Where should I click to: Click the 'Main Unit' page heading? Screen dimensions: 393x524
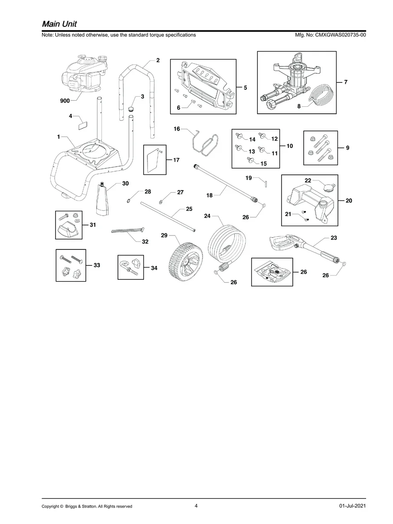[x=59, y=24]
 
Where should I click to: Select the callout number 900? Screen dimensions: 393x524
[x=65, y=101]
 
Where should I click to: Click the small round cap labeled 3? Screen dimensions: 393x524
[x=131, y=109]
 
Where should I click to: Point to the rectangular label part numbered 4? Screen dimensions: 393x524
[x=83, y=125]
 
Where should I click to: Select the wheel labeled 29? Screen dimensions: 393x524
[x=186, y=261]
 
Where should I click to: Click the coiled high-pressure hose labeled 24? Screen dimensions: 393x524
[x=227, y=247]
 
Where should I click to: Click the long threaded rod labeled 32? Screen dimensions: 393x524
[x=128, y=230]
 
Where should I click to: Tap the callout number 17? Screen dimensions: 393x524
[x=177, y=160]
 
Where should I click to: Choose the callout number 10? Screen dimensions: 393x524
[x=290, y=146]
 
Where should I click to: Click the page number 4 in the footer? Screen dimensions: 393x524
[x=196, y=506]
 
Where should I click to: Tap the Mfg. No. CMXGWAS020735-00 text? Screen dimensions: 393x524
[x=331, y=35]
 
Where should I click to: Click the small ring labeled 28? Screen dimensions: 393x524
[x=128, y=201]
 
